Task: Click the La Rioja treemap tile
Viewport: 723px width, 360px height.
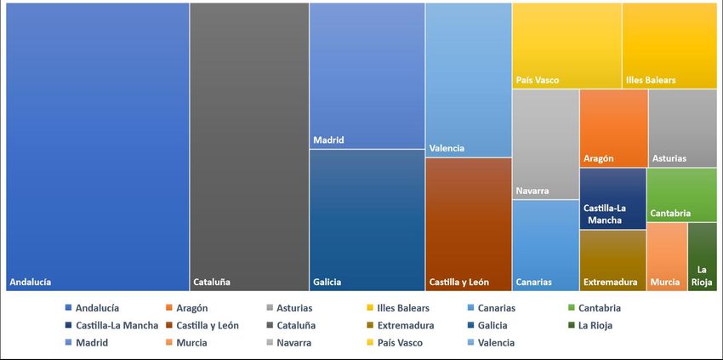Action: pyautogui.click(x=702, y=256)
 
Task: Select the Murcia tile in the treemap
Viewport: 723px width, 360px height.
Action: pyautogui.click(x=667, y=256)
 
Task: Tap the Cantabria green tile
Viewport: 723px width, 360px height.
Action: pyautogui.click(x=681, y=194)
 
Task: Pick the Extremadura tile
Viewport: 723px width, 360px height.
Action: pyautogui.click(x=612, y=260)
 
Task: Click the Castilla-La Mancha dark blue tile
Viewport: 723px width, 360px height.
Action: pyautogui.click(x=612, y=198)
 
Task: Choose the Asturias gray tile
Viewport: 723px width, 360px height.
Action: pyautogui.click(x=682, y=128)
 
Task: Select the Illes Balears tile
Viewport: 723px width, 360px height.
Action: pyautogui.click(x=669, y=45)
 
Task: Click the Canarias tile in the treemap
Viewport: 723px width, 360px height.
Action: pyautogui.click(x=545, y=245)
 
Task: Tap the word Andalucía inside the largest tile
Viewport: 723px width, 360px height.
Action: pyautogui.click(x=31, y=282)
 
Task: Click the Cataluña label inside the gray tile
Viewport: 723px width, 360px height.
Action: pyautogui.click(x=212, y=282)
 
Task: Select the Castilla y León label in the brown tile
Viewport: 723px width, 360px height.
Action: pyautogui.click(x=458, y=282)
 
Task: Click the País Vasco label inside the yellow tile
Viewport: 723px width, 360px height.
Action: pyautogui.click(x=538, y=80)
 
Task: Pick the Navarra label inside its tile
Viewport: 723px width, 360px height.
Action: pyautogui.click(x=532, y=191)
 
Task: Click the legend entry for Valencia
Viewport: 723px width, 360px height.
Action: pyautogui.click(x=494, y=343)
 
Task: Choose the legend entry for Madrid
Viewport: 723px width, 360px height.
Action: pyautogui.click(x=91, y=343)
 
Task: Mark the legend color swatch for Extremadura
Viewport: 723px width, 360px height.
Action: pyautogui.click(x=368, y=325)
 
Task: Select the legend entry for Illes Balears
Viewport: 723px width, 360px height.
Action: pyautogui.click(x=403, y=308)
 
